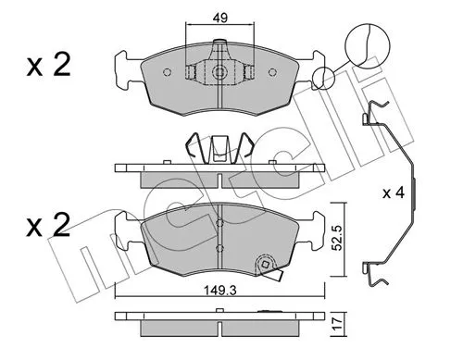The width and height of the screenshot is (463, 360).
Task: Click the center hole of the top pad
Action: pyautogui.click(x=219, y=72)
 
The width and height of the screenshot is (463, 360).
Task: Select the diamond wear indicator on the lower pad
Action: pyautogui.click(x=272, y=270)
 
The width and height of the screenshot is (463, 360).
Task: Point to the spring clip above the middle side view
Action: pyautogui.click(x=219, y=147)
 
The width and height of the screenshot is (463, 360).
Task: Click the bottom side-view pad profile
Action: pyautogui.click(x=220, y=320)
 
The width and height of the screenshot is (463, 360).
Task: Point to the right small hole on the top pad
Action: pyautogui.click(x=249, y=72)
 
